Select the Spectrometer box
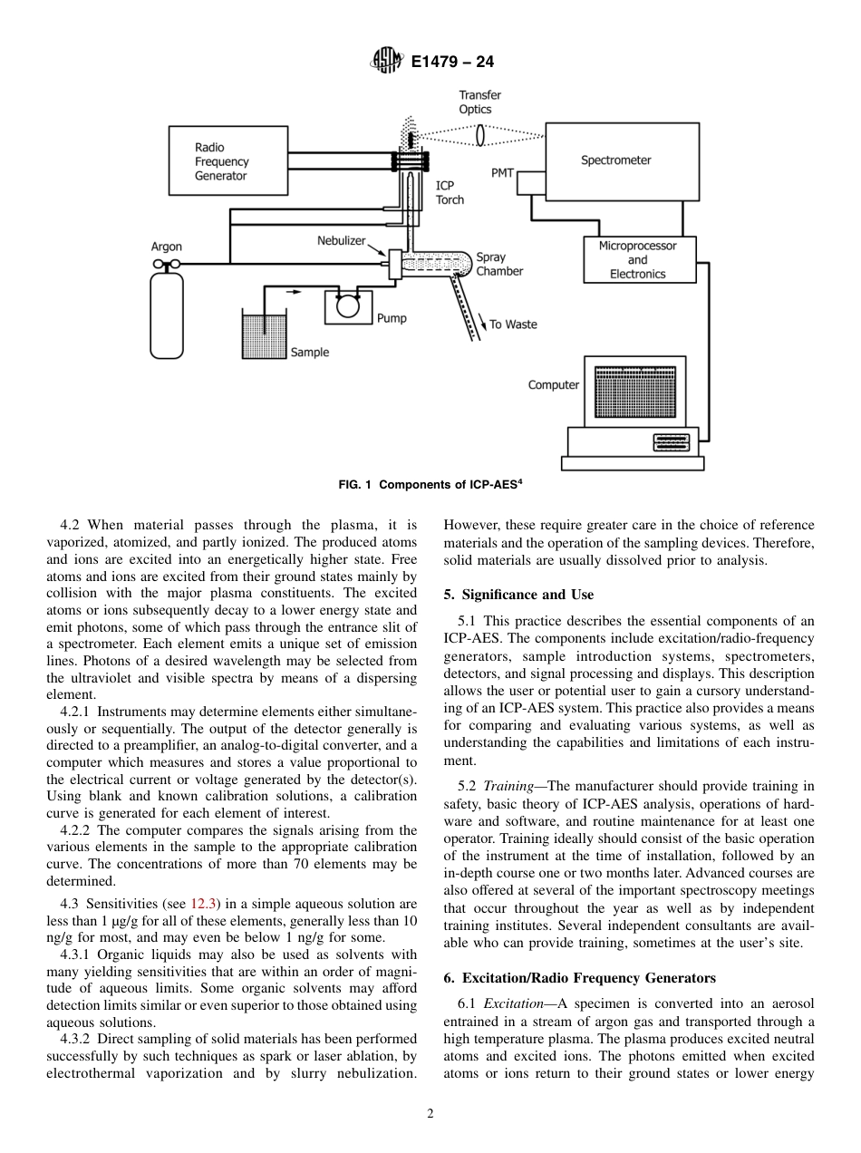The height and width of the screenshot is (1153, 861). click(x=621, y=161)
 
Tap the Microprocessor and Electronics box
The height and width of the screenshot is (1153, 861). click(x=637, y=259)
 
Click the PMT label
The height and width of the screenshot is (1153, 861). click(x=502, y=173)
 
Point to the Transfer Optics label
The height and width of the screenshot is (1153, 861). click(x=479, y=102)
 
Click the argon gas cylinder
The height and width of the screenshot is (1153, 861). click(x=167, y=314)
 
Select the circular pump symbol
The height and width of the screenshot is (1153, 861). click(x=348, y=305)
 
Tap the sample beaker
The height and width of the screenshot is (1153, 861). click(x=264, y=334)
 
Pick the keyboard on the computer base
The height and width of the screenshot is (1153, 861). click(x=671, y=442)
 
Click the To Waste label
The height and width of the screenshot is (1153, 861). click(x=513, y=325)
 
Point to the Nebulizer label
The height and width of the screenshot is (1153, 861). click(x=341, y=241)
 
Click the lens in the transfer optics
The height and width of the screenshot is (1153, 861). click(x=481, y=135)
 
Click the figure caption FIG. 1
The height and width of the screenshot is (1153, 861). click(x=430, y=485)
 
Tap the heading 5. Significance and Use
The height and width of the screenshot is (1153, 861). click(x=518, y=595)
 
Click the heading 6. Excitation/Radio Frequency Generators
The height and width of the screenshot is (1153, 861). click(x=579, y=978)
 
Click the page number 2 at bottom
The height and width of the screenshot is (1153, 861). click(x=430, y=1114)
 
